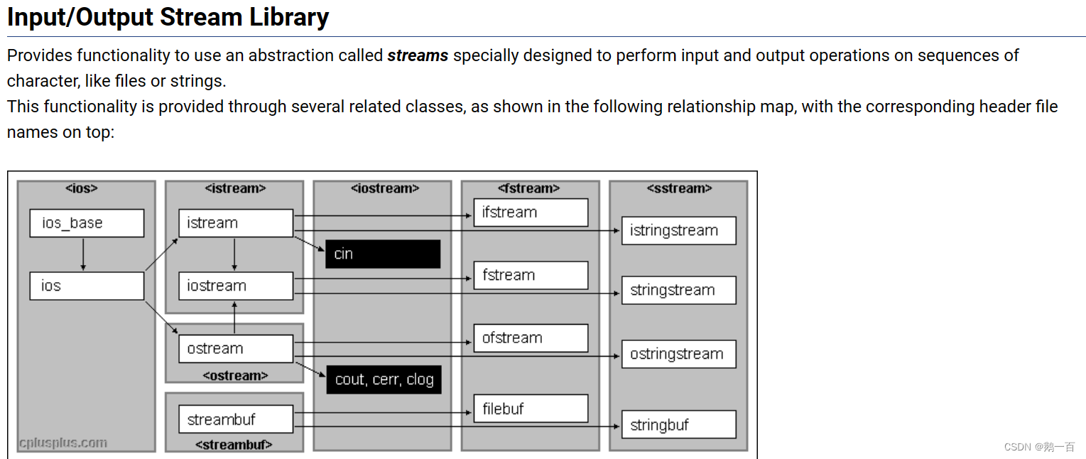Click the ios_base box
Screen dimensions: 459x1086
[87, 223]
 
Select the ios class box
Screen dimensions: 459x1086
[87, 286]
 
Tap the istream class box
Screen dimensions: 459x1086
[235, 223]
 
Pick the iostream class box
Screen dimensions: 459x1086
[235, 286]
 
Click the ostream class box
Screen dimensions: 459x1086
[235, 348]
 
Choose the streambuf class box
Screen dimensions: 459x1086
[235, 419]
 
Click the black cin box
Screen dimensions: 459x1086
[383, 254]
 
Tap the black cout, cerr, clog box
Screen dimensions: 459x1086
[384, 379]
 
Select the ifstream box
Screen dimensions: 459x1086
[531, 212]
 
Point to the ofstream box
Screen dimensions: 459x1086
[531, 338]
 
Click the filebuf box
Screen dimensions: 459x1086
[531, 409]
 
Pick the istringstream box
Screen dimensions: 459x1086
[678, 230]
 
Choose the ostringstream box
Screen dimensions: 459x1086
[678, 354]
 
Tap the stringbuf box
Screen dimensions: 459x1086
[678, 425]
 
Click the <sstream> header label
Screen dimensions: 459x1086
[679, 188]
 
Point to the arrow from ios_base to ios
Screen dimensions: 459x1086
[83, 254]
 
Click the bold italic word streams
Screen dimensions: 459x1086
[418, 55]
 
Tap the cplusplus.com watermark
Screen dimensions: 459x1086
[63, 443]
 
